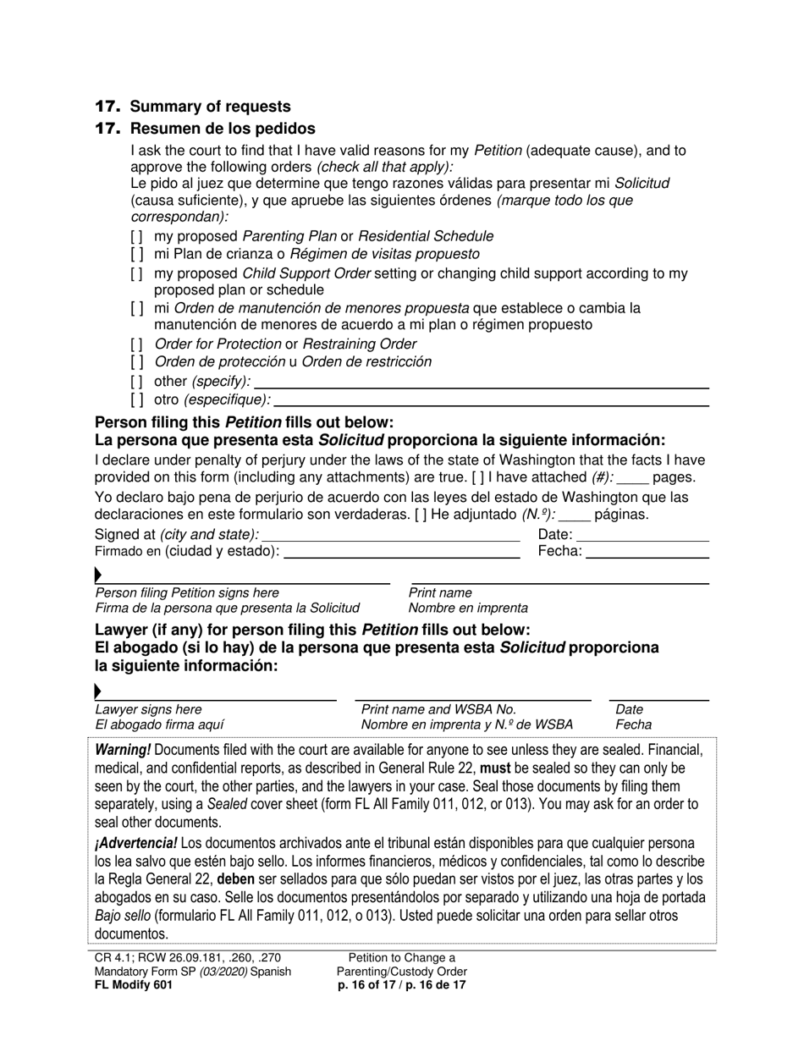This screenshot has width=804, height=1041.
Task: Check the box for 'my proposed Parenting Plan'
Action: [137, 237]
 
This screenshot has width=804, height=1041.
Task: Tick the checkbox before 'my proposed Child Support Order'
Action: [137, 274]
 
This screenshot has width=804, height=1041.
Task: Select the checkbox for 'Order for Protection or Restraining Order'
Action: [137, 344]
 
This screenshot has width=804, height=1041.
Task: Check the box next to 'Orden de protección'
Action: [137, 362]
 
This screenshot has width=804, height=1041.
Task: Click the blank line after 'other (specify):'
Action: [481, 383]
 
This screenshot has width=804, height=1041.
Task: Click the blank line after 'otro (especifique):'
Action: [491, 400]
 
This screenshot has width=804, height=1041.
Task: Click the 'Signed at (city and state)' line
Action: [391, 536]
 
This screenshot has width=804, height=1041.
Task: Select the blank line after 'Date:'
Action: [642, 536]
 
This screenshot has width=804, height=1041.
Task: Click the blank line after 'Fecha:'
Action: [647, 553]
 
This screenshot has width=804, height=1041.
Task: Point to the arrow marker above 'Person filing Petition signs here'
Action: [99, 576]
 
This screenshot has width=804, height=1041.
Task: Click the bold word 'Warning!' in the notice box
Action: [124, 750]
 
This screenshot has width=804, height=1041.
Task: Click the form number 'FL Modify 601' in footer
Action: [134, 985]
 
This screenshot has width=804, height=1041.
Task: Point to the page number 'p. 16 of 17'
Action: [368, 985]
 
